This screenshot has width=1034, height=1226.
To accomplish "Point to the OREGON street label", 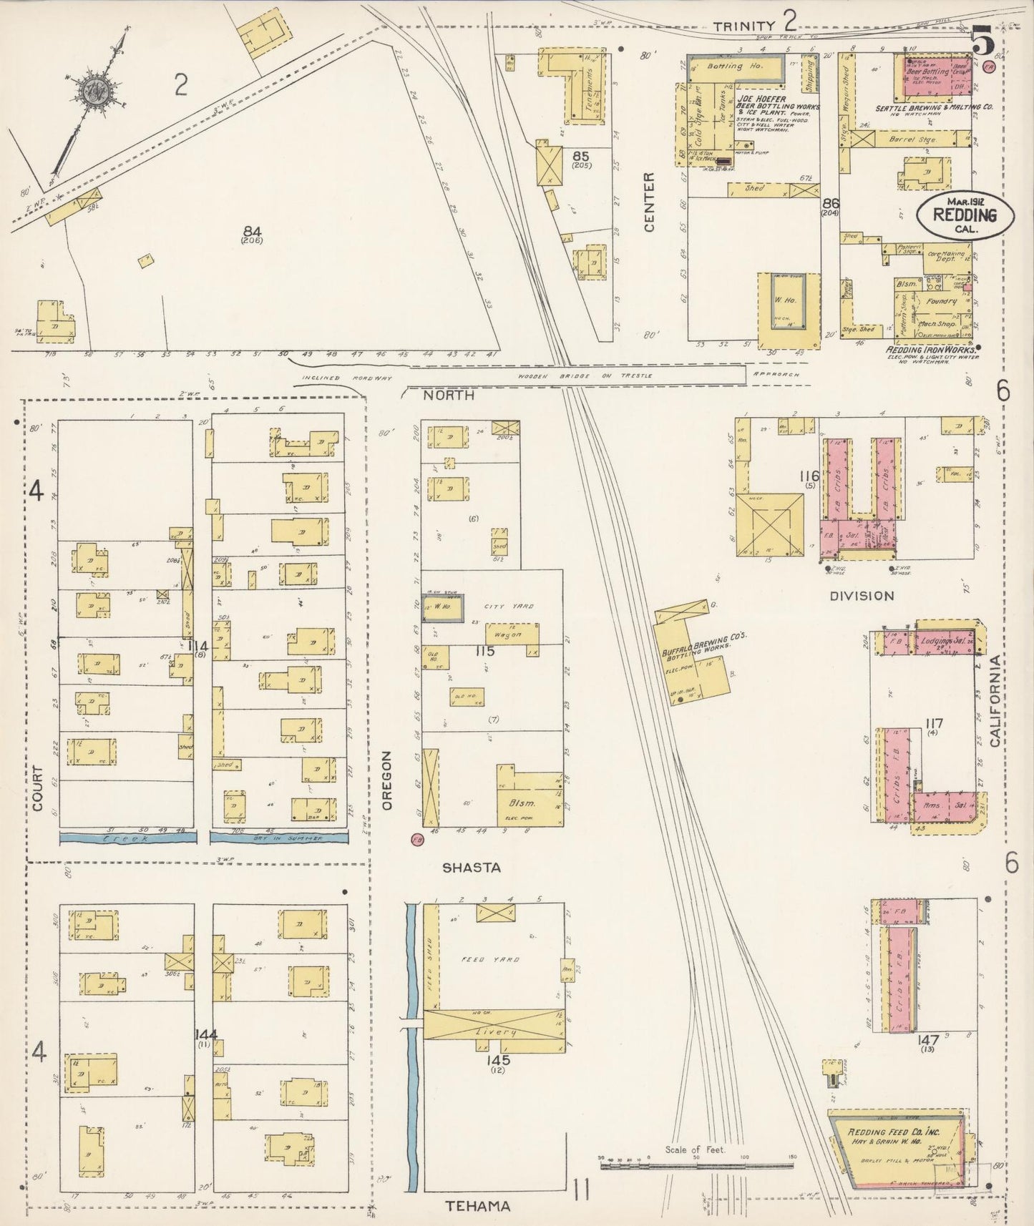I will [387, 780].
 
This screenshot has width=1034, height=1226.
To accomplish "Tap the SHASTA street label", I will [471, 868].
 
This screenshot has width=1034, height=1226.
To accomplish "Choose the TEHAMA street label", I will [479, 1206].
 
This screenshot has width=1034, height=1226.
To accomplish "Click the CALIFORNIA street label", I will [995, 703].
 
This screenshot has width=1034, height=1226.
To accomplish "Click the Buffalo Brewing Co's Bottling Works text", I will [705, 643].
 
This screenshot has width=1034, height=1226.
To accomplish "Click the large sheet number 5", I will [984, 44].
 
